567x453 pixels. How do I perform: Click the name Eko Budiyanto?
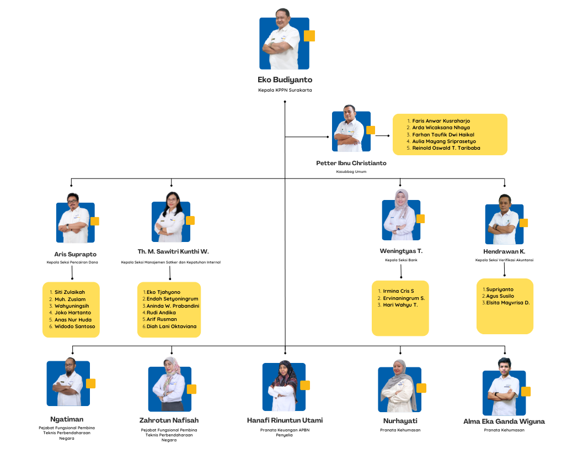[x=285, y=80]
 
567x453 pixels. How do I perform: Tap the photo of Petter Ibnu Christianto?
[x=351, y=131]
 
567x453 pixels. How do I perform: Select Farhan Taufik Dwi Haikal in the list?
[x=443, y=134]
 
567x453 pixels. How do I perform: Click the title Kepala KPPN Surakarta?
[x=285, y=90]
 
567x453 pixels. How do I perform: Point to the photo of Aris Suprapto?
[x=75, y=222]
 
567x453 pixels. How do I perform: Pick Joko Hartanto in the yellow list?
[x=73, y=313]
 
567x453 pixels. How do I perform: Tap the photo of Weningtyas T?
[x=401, y=220]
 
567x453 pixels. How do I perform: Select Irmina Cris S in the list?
[x=398, y=291]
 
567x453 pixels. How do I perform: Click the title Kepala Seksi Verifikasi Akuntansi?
[x=504, y=260]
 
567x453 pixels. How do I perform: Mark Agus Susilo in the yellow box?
[x=500, y=296]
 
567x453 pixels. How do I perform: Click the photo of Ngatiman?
[x=68, y=383]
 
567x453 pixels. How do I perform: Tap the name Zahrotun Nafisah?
[x=169, y=420]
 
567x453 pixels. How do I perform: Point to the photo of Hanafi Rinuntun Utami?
[x=283, y=387]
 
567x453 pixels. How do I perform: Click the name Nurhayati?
[x=400, y=420]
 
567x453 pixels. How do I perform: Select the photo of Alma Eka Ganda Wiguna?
[x=503, y=393]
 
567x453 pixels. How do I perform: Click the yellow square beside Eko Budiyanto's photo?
[x=309, y=36]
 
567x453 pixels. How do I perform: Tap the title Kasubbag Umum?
[x=351, y=172]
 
